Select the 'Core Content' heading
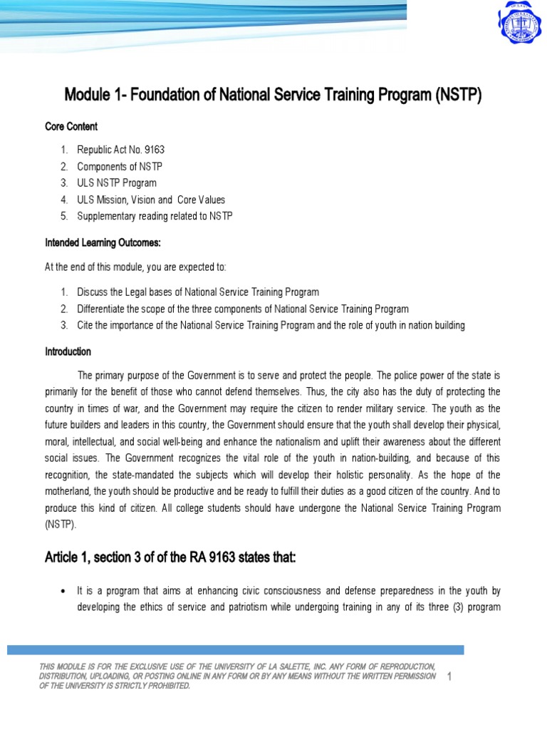point(71,126)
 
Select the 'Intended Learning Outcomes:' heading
point(103,243)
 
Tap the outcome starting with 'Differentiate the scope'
point(242,309)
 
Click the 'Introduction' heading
point(68,351)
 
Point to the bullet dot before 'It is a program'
point(64,592)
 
